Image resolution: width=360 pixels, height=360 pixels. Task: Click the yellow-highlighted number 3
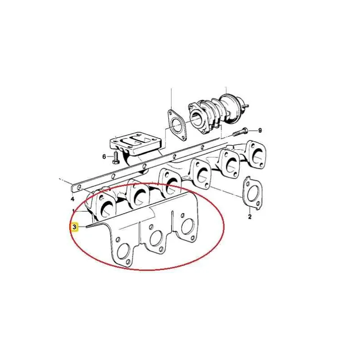(74, 227)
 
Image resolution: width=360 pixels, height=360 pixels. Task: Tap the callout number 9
(260, 130)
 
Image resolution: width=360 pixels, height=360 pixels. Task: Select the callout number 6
(104, 157)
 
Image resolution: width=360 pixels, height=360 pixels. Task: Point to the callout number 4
(72, 199)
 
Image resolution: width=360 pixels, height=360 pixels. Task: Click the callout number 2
(250, 216)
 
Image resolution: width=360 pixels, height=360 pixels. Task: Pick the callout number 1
(74, 211)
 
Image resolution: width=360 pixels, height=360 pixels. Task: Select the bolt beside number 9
(240, 132)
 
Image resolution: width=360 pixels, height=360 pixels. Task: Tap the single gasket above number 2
(252, 193)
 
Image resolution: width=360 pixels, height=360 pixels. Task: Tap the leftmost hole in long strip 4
(79, 187)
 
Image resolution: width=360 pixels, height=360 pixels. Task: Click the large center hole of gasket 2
(253, 193)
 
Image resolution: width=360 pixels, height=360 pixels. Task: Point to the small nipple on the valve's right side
(246, 106)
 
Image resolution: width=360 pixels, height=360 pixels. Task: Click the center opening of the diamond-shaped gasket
(176, 126)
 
